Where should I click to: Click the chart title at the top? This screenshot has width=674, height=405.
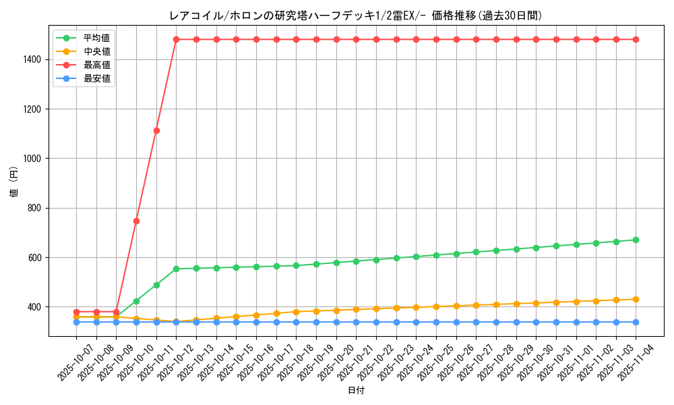[355, 16]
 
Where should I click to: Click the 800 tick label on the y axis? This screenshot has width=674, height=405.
[36, 208]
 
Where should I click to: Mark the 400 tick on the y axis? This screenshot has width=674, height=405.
[36, 307]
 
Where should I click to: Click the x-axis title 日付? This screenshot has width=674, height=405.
[355, 391]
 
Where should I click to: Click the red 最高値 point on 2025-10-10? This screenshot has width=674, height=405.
[136, 221]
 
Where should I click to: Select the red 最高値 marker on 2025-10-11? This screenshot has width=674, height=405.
[156, 130]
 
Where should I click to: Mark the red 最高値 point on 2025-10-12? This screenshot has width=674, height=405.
[176, 39]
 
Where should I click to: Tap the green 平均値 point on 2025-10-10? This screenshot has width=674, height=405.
[136, 301]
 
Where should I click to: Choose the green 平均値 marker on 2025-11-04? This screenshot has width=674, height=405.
[636, 240]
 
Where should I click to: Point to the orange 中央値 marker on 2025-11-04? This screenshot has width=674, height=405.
[636, 299]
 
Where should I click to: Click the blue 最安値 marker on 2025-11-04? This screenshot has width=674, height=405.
[636, 322]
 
